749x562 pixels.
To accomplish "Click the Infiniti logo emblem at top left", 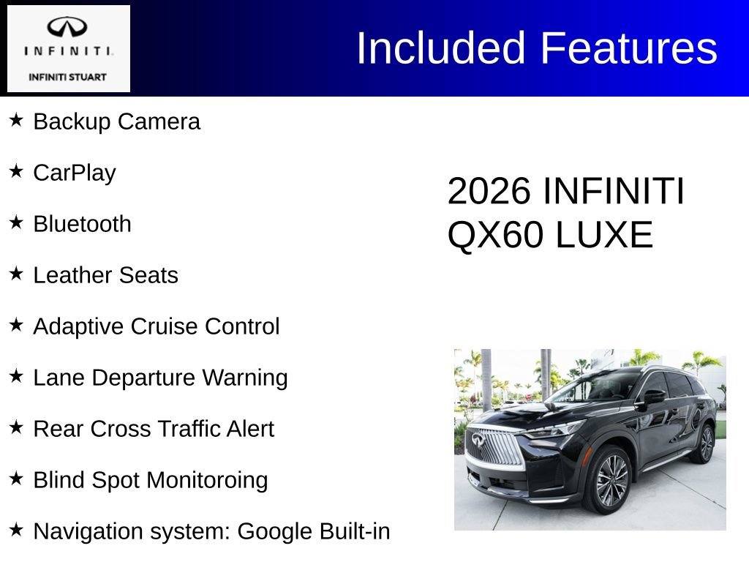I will [67, 28].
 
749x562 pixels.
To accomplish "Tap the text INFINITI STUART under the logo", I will [67, 76].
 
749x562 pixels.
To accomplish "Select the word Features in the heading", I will [628, 48].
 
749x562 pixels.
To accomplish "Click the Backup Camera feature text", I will [116, 121].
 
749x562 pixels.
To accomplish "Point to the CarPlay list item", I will [75, 173].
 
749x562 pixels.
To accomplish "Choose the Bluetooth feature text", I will [83, 224].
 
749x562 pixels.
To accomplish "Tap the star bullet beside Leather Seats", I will [16, 274].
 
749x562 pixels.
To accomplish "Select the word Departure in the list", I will [143, 378].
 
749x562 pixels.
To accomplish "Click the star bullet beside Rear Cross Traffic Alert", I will [16, 427].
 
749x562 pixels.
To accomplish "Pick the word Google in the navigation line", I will [276, 531].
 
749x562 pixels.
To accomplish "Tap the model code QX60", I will [496, 236].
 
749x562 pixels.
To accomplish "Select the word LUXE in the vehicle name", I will [604, 236].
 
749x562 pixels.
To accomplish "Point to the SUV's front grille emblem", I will [478, 440].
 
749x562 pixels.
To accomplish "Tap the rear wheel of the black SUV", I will [705, 444].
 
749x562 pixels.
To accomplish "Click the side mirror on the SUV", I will [653, 396].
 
